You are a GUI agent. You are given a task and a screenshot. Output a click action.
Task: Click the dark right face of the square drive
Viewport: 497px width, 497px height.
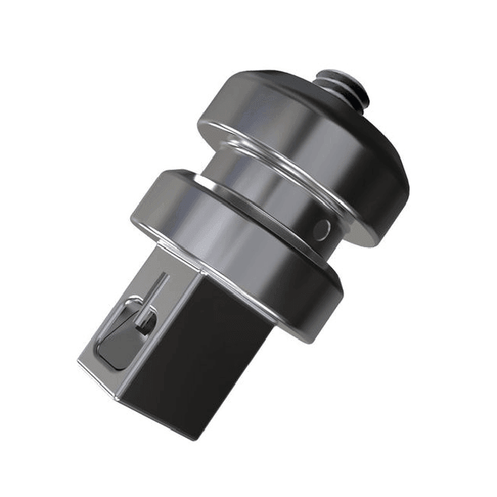tap(205, 357)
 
